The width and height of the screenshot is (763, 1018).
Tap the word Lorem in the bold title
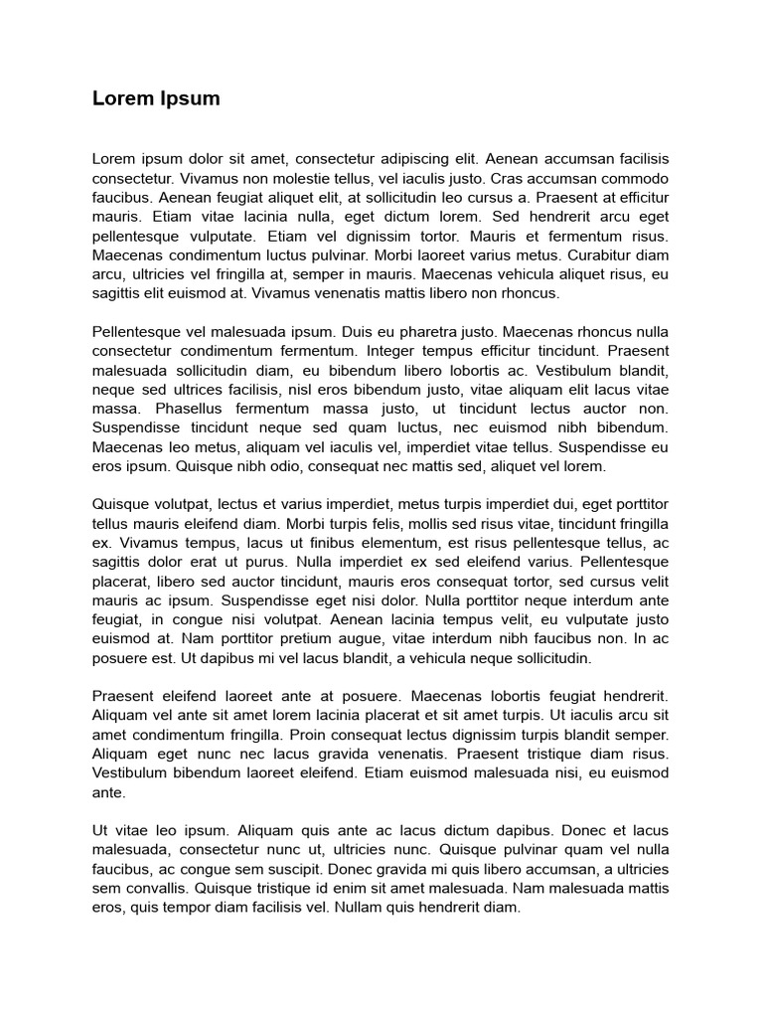117,98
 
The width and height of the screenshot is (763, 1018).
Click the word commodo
633,178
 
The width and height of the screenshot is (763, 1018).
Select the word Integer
392,351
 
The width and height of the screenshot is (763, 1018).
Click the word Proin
311,736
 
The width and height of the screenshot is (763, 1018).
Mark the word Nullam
364,908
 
